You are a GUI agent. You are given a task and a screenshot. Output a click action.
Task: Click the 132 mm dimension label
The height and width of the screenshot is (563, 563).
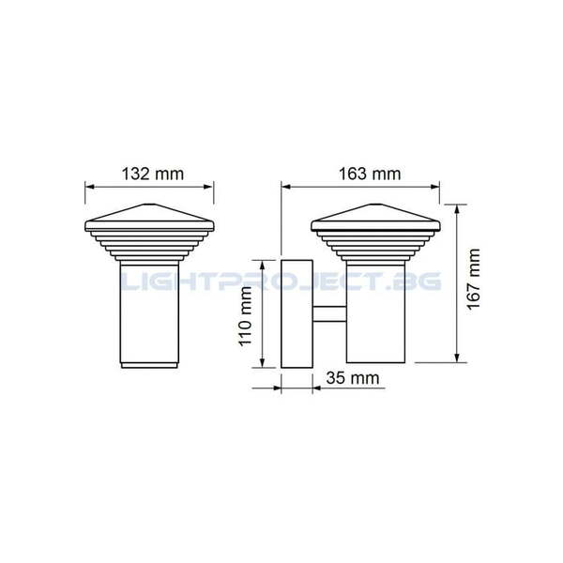pyautogui.click(x=152, y=174)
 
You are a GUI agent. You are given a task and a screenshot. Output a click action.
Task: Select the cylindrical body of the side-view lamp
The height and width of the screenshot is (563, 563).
pyautogui.click(x=375, y=310)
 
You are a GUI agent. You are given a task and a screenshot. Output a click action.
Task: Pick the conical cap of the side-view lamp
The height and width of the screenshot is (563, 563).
pyautogui.click(x=374, y=215)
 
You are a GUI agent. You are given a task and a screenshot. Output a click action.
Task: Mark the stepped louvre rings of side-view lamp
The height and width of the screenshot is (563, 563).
pyautogui.click(x=374, y=245)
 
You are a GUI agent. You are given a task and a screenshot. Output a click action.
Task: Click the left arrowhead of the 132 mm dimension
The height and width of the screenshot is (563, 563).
pyautogui.click(x=89, y=187)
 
